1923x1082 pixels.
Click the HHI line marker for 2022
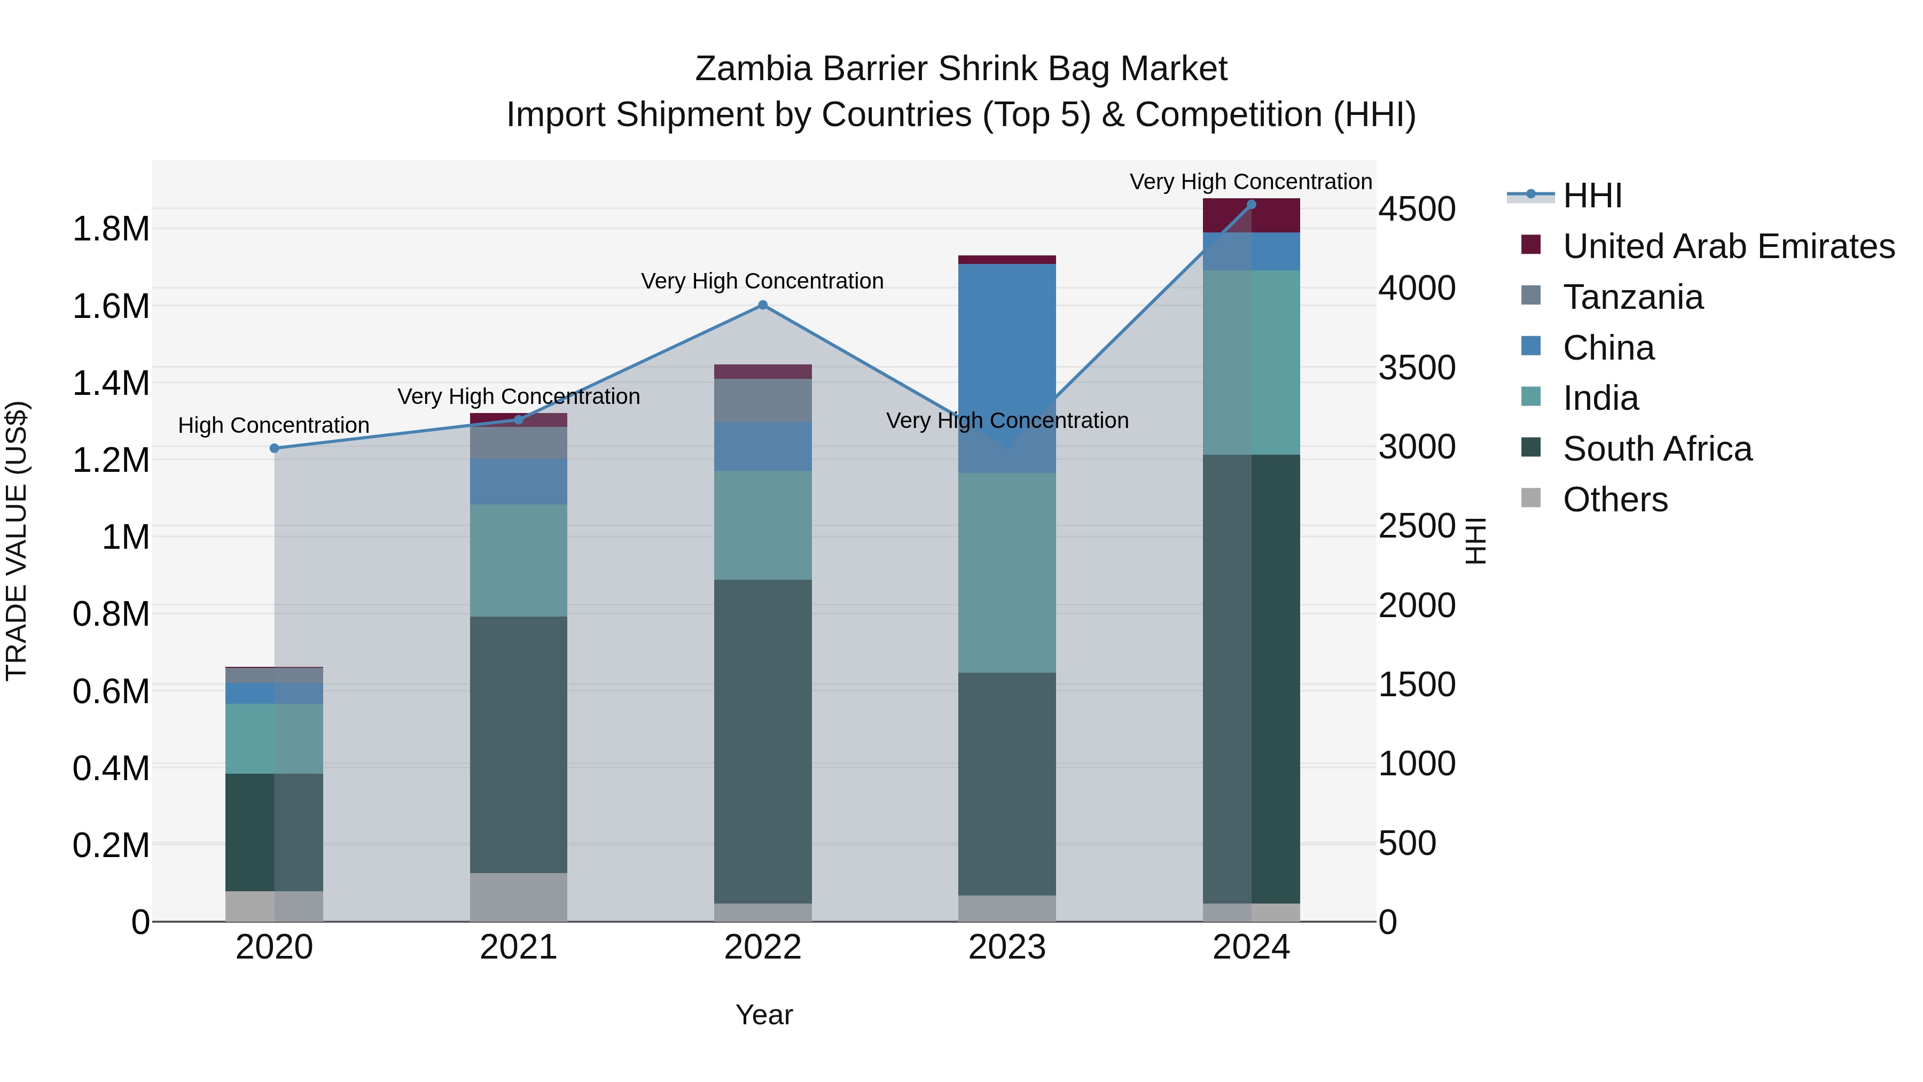coord(762,305)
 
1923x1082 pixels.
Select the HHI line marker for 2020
coord(274,448)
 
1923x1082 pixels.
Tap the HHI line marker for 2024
coord(1251,205)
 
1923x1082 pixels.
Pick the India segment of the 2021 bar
coord(518,560)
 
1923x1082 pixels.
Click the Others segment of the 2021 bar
coord(518,896)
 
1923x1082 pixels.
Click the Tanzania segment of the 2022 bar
coord(762,400)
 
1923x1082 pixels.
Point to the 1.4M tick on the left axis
coord(111,383)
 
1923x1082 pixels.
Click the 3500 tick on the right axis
coord(1416,368)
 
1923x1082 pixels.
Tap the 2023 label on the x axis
coord(1007,947)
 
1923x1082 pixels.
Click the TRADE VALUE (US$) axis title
coord(17,541)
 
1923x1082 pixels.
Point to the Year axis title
coord(764,1015)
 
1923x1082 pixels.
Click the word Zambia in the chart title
coord(753,69)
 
